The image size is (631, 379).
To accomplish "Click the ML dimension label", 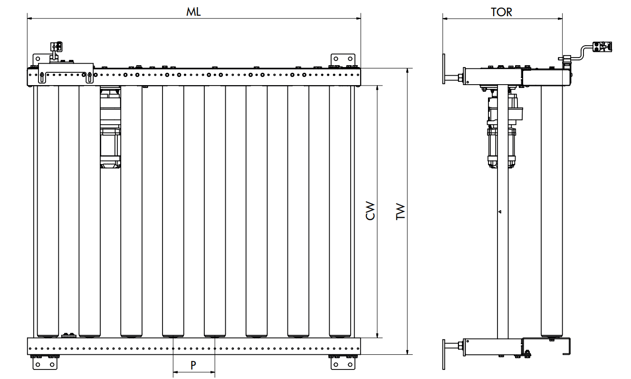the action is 193,12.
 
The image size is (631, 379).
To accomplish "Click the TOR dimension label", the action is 501,12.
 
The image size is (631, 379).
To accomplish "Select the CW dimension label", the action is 370,211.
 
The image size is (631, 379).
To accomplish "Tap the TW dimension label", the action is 400,211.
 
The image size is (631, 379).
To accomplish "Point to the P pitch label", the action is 193,365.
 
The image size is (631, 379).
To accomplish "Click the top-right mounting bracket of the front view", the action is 343,60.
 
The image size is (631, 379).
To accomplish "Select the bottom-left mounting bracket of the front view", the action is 45,363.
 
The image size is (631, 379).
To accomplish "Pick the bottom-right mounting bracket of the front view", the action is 343,363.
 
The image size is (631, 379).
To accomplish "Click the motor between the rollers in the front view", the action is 110,127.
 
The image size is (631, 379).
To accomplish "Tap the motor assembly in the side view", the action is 504,128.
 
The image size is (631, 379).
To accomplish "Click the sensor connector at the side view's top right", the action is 602,47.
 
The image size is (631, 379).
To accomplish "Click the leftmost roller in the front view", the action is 48,212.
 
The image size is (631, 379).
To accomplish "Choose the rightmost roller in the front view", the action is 340,212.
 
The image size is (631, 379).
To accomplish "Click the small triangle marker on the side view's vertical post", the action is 500,212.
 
